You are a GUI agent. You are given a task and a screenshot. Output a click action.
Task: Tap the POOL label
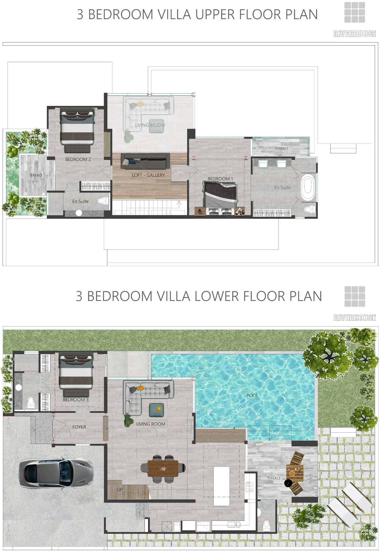click(x=252, y=395)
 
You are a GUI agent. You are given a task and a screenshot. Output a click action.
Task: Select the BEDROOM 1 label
click(x=220, y=179)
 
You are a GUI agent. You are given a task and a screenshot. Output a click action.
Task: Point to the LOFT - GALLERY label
click(x=148, y=175)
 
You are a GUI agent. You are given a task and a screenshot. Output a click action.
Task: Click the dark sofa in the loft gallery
click(x=145, y=161)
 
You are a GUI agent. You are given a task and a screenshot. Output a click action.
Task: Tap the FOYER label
click(x=79, y=427)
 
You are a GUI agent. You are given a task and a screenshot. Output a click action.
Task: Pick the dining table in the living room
click(x=163, y=469)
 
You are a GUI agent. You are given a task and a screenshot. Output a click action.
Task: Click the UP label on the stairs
click(x=120, y=490)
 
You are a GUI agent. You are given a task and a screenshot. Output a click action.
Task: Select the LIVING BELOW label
click(x=150, y=125)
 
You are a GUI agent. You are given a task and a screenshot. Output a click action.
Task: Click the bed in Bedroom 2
click(x=77, y=130)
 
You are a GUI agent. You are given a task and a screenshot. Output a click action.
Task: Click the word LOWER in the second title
click(x=217, y=296)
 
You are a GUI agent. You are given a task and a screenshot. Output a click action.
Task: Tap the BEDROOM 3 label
click(x=76, y=400)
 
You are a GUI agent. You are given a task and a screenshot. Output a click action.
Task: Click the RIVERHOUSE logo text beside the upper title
click(x=355, y=34)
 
